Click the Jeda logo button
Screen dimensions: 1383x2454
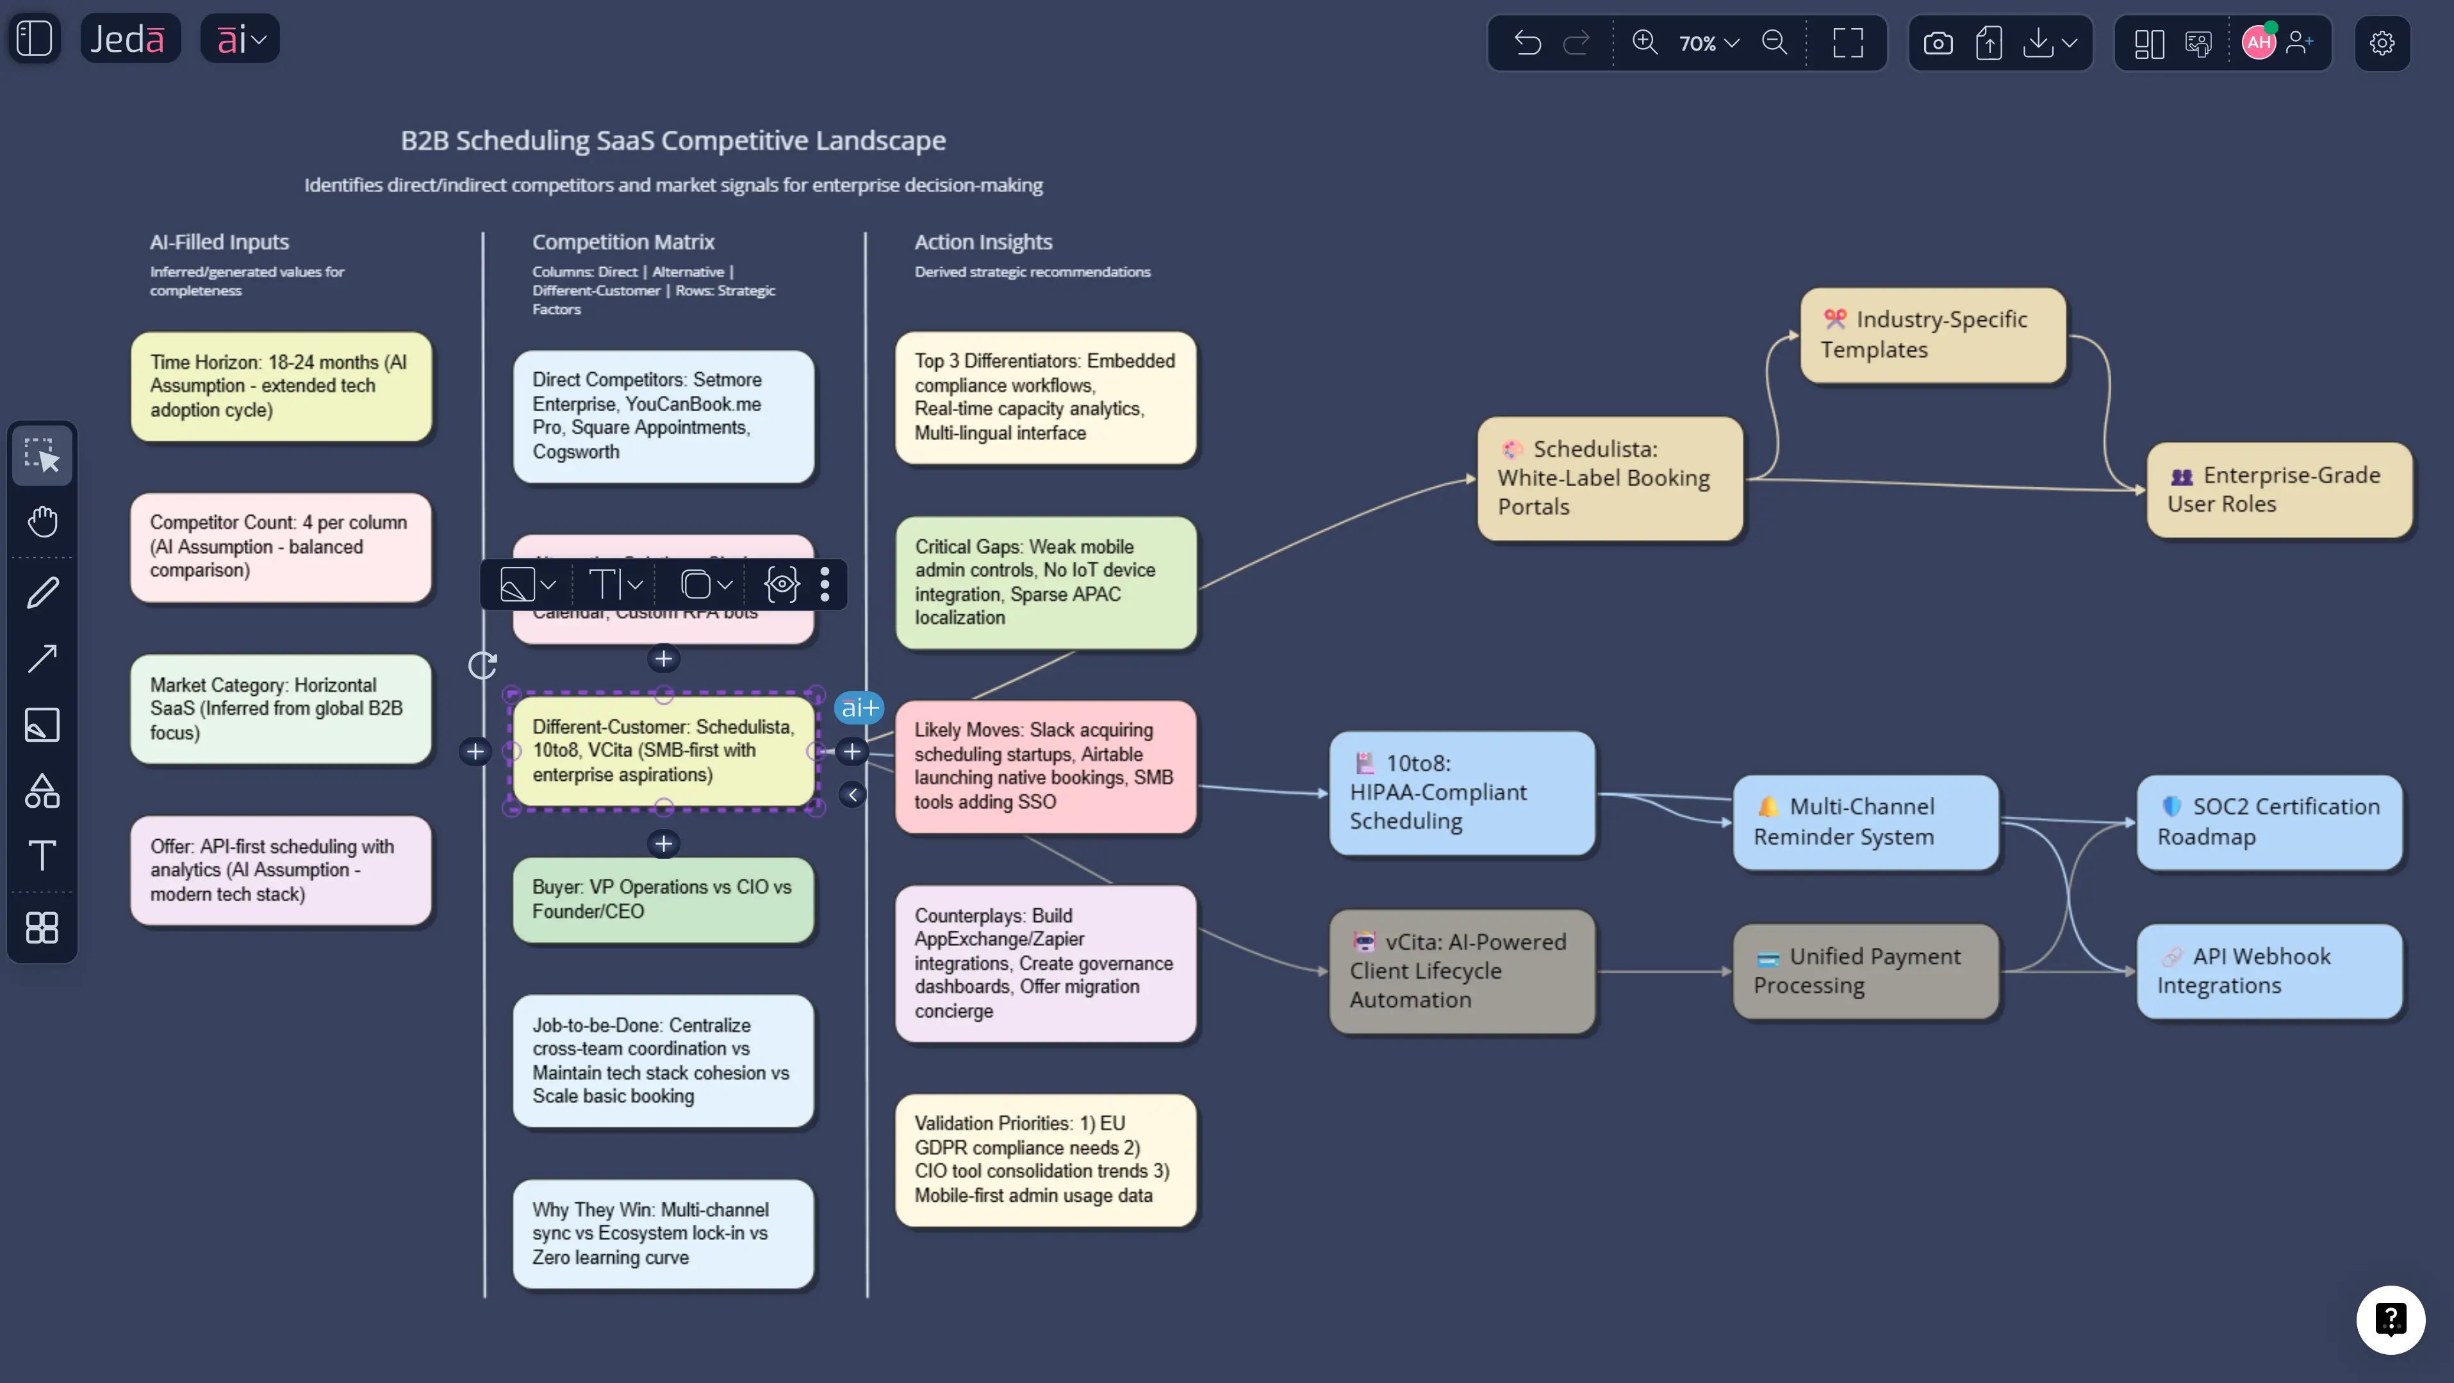click(x=129, y=39)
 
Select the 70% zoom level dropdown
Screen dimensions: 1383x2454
click(x=1709, y=43)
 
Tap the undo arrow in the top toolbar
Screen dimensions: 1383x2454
click(x=1527, y=43)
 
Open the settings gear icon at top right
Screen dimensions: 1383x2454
click(x=2382, y=43)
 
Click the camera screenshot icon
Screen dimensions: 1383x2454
click(x=1938, y=43)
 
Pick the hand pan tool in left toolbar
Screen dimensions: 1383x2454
click(x=42, y=521)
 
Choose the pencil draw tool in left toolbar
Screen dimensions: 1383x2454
click(x=42, y=593)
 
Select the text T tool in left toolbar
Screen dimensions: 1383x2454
click(x=42, y=855)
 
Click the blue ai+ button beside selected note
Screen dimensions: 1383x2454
click(x=859, y=708)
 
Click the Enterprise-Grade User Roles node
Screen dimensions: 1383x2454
click(x=2278, y=489)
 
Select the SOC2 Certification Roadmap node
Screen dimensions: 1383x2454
click(x=2269, y=821)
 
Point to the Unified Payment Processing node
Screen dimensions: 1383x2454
click(x=1865, y=970)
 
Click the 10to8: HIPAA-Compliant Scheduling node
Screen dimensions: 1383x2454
click(x=1462, y=792)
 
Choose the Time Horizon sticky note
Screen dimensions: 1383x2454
click(x=281, y=386)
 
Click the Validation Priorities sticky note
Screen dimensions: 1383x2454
click(x=1045, y=1159)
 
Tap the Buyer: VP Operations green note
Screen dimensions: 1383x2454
click(x=663, y=899)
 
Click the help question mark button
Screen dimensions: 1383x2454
click(x=2390, y=1319)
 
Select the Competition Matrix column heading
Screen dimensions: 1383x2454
click(x=623, y=242)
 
